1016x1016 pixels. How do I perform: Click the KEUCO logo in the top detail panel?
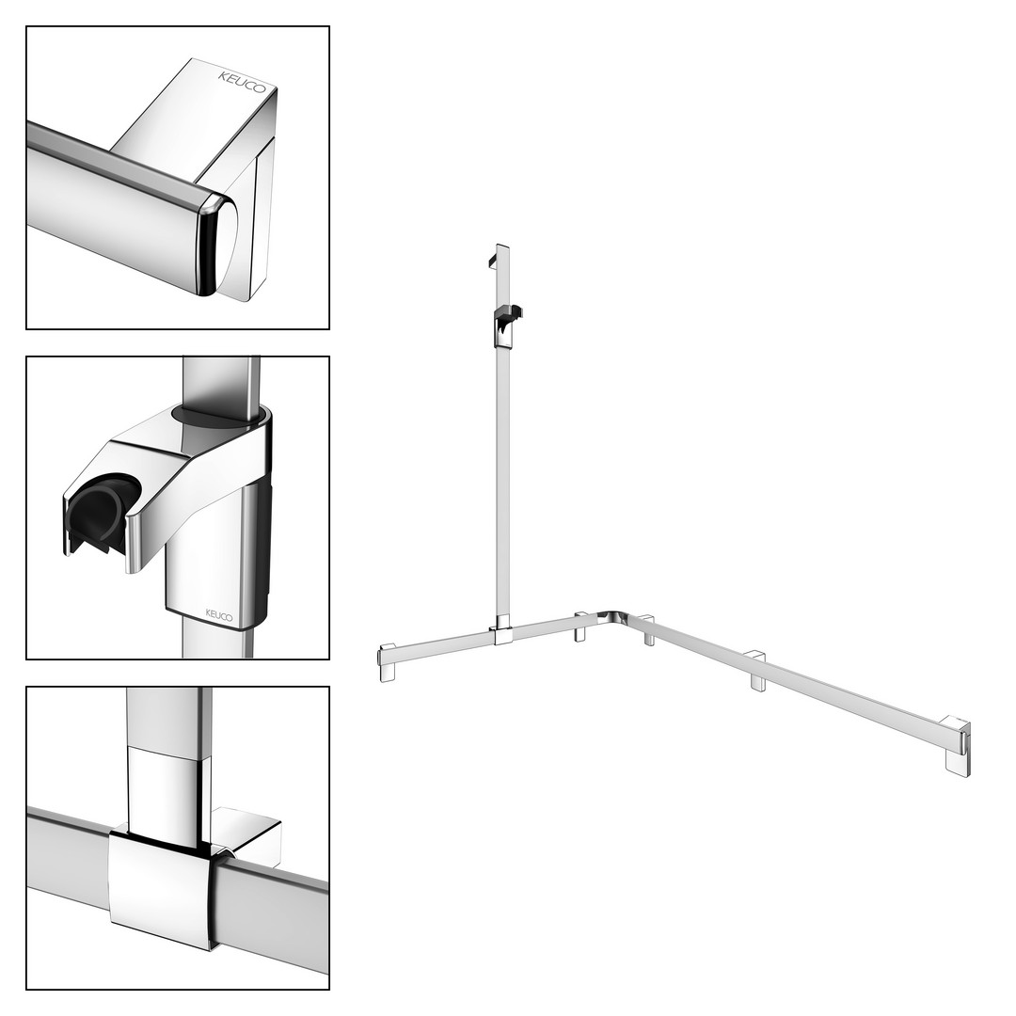pyautogui.click(x=241, y=82)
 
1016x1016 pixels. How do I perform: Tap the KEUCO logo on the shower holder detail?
pyautogui.click(x=218, y=614)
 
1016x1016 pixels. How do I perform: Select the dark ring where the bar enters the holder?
pyautogui.click(x=220, y=417)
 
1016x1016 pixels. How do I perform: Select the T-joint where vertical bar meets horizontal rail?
pyautogui.click(x=501, y=632)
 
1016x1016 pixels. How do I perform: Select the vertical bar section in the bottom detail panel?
pyautogui.click(x=169, y=758)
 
